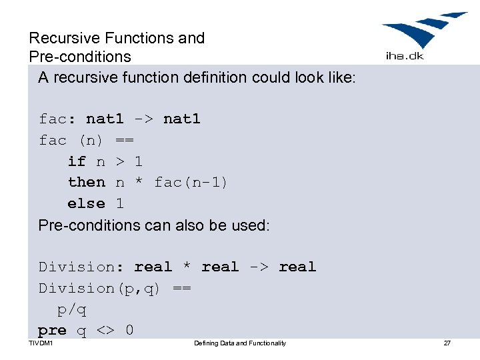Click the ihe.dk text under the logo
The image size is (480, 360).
[x=405, y=56]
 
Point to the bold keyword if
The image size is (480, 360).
[x=77, y=161]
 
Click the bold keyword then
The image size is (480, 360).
[x=86, y=182]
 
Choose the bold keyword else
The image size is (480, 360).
[x=86, y=203]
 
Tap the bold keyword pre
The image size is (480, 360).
[x=52, y=330]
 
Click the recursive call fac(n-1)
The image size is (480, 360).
[x=191, y=182]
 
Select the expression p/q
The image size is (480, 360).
[x=72, y=309]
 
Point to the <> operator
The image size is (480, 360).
[x=105, y=330]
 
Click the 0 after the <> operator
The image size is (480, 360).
[x=129, y=330]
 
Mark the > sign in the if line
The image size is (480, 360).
[x=120, y=161]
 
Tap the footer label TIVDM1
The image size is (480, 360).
[x=41, y=343]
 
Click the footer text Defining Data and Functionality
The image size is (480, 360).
[x=239, y=343]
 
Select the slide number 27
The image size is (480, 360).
[x=447, y=343]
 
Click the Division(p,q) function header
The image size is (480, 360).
[x=100, y=288]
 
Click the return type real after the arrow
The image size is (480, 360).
[x=297, y=267]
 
